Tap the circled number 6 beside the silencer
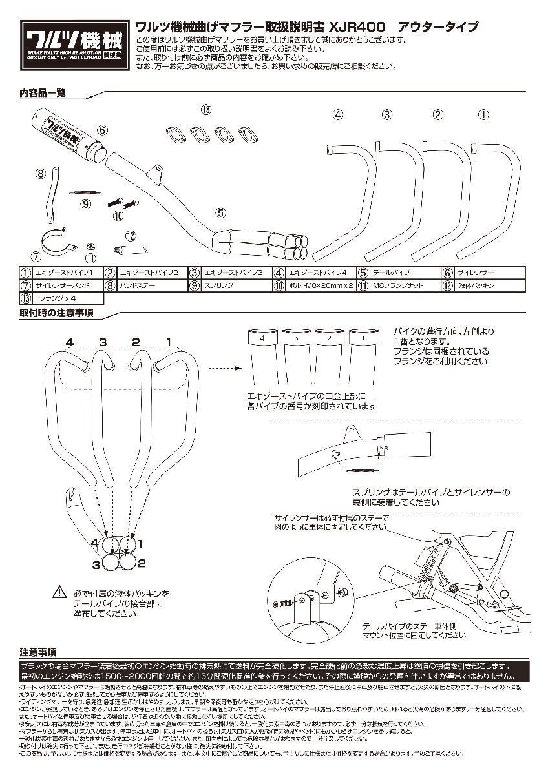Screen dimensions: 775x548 [x=103, y=129]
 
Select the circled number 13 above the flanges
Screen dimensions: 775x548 [x=205, y=110]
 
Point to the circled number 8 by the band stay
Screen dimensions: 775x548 [x=41, y=173]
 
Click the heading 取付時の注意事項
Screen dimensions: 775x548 [x=56, y=313]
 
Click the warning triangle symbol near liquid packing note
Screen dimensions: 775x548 [x=59, y=592]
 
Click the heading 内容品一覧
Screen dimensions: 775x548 [x=43, y=93]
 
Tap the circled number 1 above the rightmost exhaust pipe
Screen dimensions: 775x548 [x=501, y=116]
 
